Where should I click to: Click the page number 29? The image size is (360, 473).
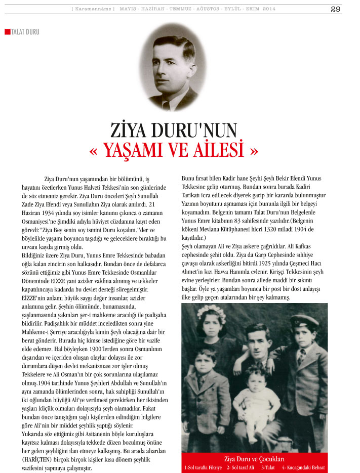tap(335, 9)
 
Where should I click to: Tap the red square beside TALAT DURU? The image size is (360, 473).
tap(7, 32)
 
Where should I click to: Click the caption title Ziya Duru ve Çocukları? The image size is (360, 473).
tap(254, 459)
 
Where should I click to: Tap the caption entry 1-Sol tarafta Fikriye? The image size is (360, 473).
tap(203, 467)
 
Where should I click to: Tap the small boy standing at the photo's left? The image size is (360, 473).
tap(206, 390)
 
